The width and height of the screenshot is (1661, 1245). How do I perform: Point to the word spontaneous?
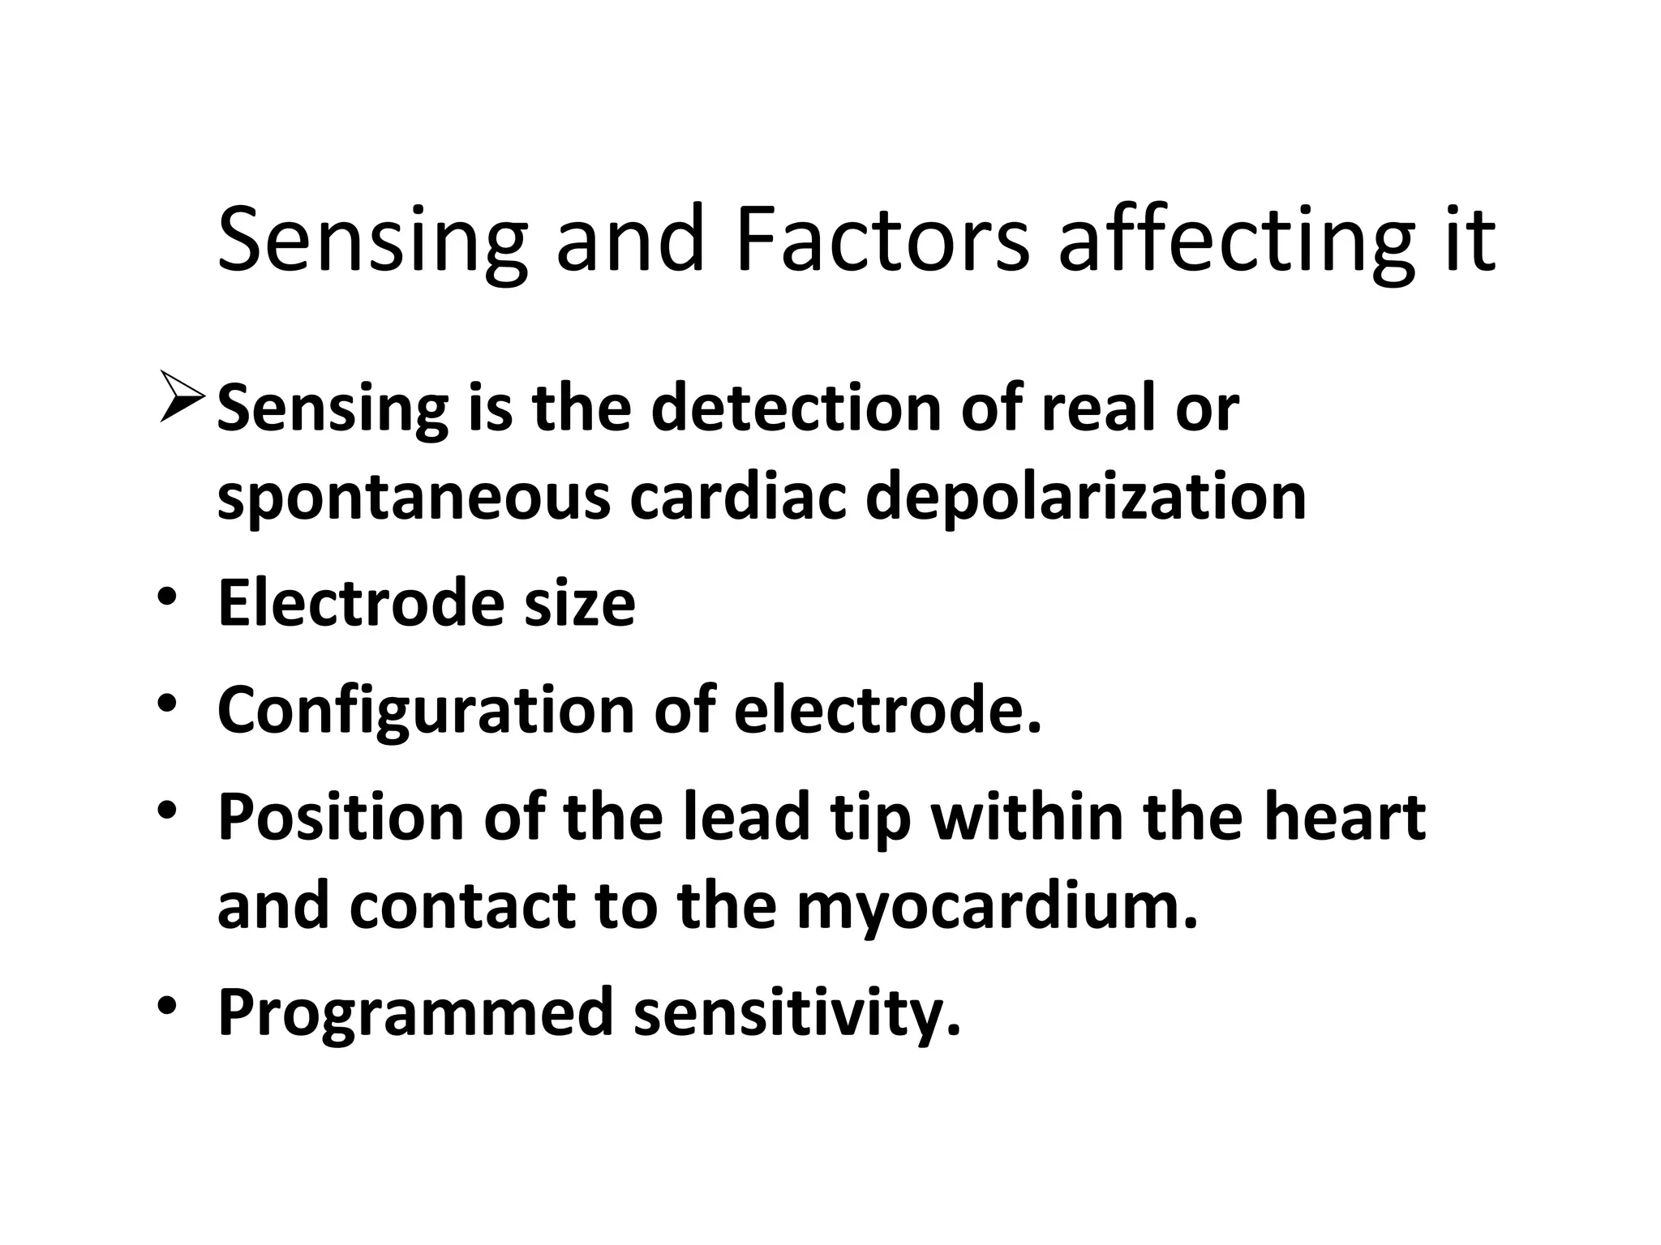point(414,497)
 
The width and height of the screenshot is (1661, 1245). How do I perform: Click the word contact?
point(462,905)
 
